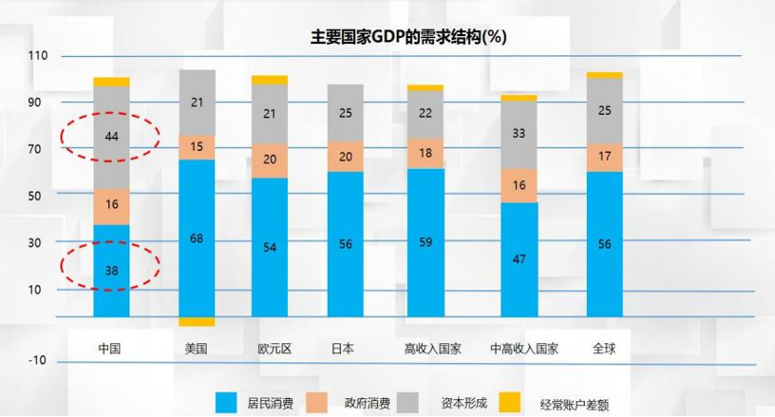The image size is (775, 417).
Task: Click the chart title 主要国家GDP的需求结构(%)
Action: click(x=409, y=38)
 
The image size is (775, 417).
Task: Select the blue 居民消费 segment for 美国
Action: click(x=197, y=237)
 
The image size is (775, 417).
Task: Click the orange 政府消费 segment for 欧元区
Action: click(x=269, y=160)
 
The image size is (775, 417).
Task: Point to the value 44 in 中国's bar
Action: click(x=111, y=137)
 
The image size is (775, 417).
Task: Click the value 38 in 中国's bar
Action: click(x=111, y=270)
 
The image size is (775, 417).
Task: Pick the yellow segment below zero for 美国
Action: click(x=197, y=321)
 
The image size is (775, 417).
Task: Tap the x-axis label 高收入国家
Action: click(x=432, y=348)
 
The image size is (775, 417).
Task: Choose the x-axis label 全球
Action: click(x=604, y=348)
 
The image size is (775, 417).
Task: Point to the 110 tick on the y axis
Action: click(x=37, y=56)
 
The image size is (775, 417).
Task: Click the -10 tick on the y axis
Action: click(x=37, y=360)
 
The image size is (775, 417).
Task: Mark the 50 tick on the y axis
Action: click(x=37, y=196)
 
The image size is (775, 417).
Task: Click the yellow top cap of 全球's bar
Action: click(x=604, y=75)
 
